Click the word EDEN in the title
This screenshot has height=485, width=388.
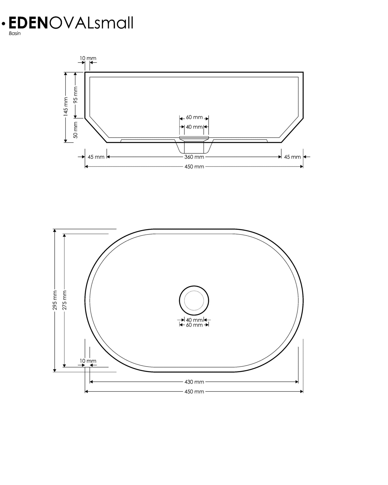[28, 23]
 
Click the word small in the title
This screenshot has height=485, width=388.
[113, 23]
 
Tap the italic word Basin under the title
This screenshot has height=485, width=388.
[14, 34]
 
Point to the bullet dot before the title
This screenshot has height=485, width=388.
[3, 24]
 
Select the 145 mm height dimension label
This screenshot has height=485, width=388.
[66, 107]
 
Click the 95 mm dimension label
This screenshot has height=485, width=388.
[75, 95]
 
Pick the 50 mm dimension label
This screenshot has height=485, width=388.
[75, 130]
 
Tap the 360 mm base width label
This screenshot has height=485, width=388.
[194, 157]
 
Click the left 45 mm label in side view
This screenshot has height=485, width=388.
[96, 157]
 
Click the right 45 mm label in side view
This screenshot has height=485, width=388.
[292, 157]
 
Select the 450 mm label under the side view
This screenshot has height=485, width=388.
[194, 167]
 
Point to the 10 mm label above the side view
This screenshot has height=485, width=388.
[88, 58]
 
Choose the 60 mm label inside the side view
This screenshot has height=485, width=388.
[194, 117]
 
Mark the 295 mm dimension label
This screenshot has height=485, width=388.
[55, 300]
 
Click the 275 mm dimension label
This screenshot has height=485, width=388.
[64, 300]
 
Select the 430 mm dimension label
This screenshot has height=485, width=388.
[194, 382]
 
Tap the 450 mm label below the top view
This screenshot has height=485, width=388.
[194, 392]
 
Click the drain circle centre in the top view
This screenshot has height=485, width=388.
[194, 300]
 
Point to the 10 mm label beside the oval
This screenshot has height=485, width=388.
[88, 361]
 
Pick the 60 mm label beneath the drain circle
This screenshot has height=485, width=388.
[194, 325]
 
